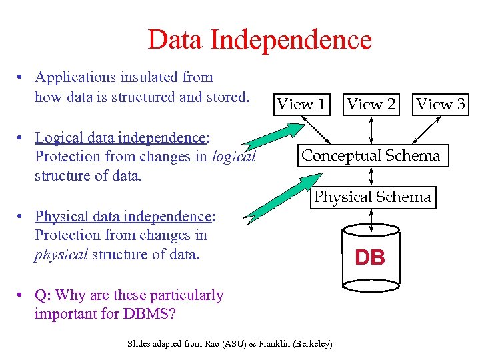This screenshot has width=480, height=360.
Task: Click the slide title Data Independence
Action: tap(259, 39)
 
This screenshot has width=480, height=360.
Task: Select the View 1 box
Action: tap(301, 104)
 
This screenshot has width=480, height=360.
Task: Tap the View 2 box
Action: tap(371, 104)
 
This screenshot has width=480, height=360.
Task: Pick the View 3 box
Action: tap(441, 104)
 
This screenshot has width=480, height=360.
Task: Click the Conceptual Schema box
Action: tap(371, 156)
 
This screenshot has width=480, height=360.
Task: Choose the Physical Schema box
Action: tap(372, 197)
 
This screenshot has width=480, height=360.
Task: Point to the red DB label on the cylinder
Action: tap(370, 258)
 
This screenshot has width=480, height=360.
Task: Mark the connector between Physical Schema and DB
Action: tap(371, 219)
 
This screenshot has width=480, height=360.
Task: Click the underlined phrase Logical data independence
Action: tap(121, 138)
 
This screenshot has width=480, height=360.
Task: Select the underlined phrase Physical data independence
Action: tap(123, 217)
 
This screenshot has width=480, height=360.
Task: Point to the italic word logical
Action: tap(233, 157)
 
